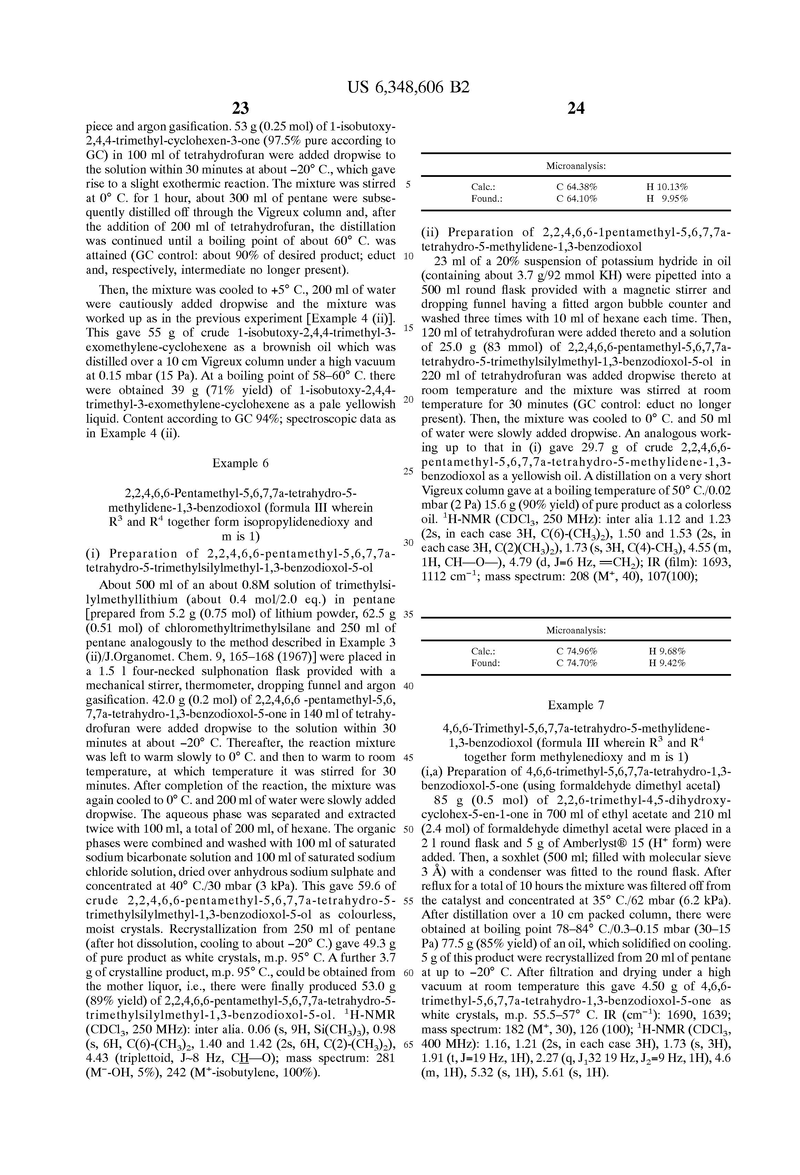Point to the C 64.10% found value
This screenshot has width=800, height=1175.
pos(577,199)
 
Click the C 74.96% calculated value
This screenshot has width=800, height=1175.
pos(577,651)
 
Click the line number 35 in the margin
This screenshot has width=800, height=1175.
pos(409,615)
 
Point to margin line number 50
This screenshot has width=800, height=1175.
pos(409,829)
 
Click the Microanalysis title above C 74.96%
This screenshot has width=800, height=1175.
pos(576,631)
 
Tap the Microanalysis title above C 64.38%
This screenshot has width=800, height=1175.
pos(576,166)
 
